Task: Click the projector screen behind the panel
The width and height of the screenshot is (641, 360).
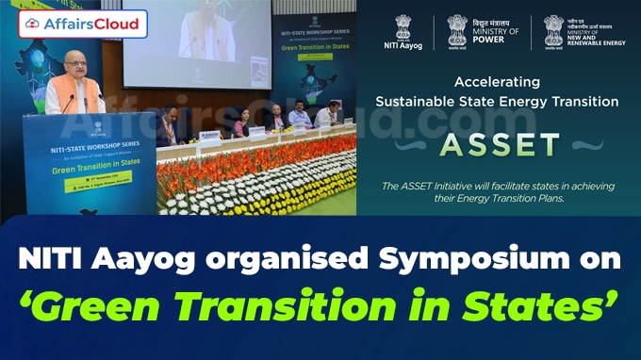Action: [217, 42]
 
